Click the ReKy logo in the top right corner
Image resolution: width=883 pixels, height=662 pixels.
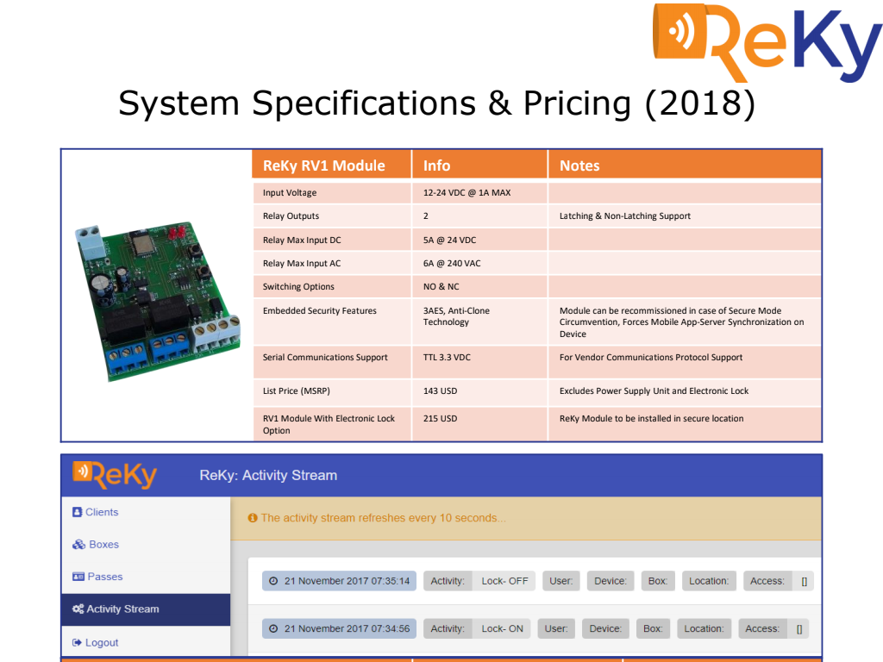[767, 42]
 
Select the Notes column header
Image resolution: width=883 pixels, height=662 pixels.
[579, 165]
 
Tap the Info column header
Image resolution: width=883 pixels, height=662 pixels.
[436, 165]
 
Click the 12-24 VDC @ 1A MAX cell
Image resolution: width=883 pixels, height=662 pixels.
[467, 192]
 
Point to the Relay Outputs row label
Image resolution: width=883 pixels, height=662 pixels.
[291, 216]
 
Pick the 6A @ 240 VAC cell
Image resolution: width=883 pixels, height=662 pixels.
[452, 264]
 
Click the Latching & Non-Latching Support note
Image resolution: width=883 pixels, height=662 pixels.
[624, 216]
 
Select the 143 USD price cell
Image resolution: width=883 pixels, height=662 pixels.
[440, 391]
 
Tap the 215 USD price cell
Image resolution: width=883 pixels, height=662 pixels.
[440, 419]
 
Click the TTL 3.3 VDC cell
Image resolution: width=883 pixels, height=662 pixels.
[447, 358]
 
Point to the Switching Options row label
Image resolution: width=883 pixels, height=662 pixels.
[297, 287]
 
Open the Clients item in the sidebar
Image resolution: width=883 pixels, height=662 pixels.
[95, 512]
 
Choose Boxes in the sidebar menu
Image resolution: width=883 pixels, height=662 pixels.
[95, 545]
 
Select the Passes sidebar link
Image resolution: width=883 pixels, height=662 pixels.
[97, 577]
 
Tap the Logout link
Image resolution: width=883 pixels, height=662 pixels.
[95, 642]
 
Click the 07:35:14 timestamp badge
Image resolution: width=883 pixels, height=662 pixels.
[339, 581]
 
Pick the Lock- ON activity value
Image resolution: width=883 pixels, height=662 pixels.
[502, 628]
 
